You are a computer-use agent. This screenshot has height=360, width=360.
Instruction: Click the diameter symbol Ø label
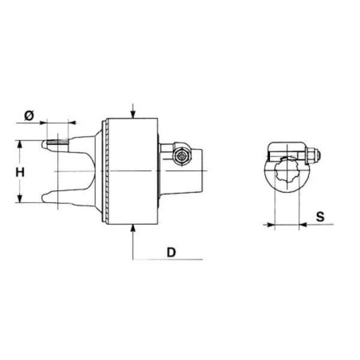point(29,115)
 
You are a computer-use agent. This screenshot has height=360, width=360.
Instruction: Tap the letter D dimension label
point(171,252)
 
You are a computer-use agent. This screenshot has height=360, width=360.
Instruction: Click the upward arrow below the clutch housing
point(132,231)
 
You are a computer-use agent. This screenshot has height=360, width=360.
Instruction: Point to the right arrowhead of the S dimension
point(303,225)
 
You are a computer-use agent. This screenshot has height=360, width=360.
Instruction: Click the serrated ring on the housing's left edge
point(102,171)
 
